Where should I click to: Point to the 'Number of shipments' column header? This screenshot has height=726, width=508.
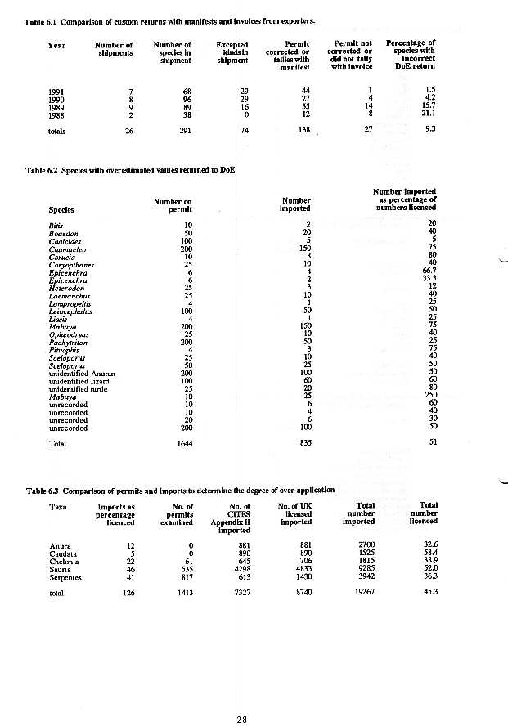(x=114, y=49)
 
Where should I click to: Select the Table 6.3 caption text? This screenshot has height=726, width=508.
(x=180, y=491)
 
